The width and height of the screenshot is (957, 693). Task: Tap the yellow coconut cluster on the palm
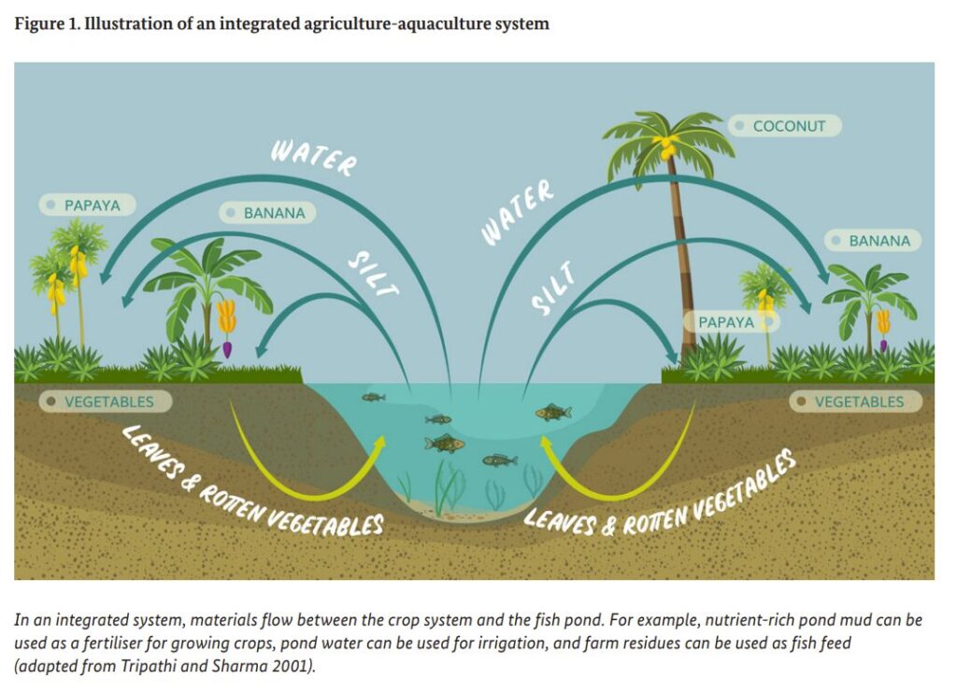[667, 147]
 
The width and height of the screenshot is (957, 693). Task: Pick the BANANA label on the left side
[267, 213]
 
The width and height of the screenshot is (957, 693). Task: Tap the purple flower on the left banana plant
[226, 349]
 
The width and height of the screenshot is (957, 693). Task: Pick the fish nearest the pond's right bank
[553, 412]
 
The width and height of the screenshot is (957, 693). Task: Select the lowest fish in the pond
[500, 460]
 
